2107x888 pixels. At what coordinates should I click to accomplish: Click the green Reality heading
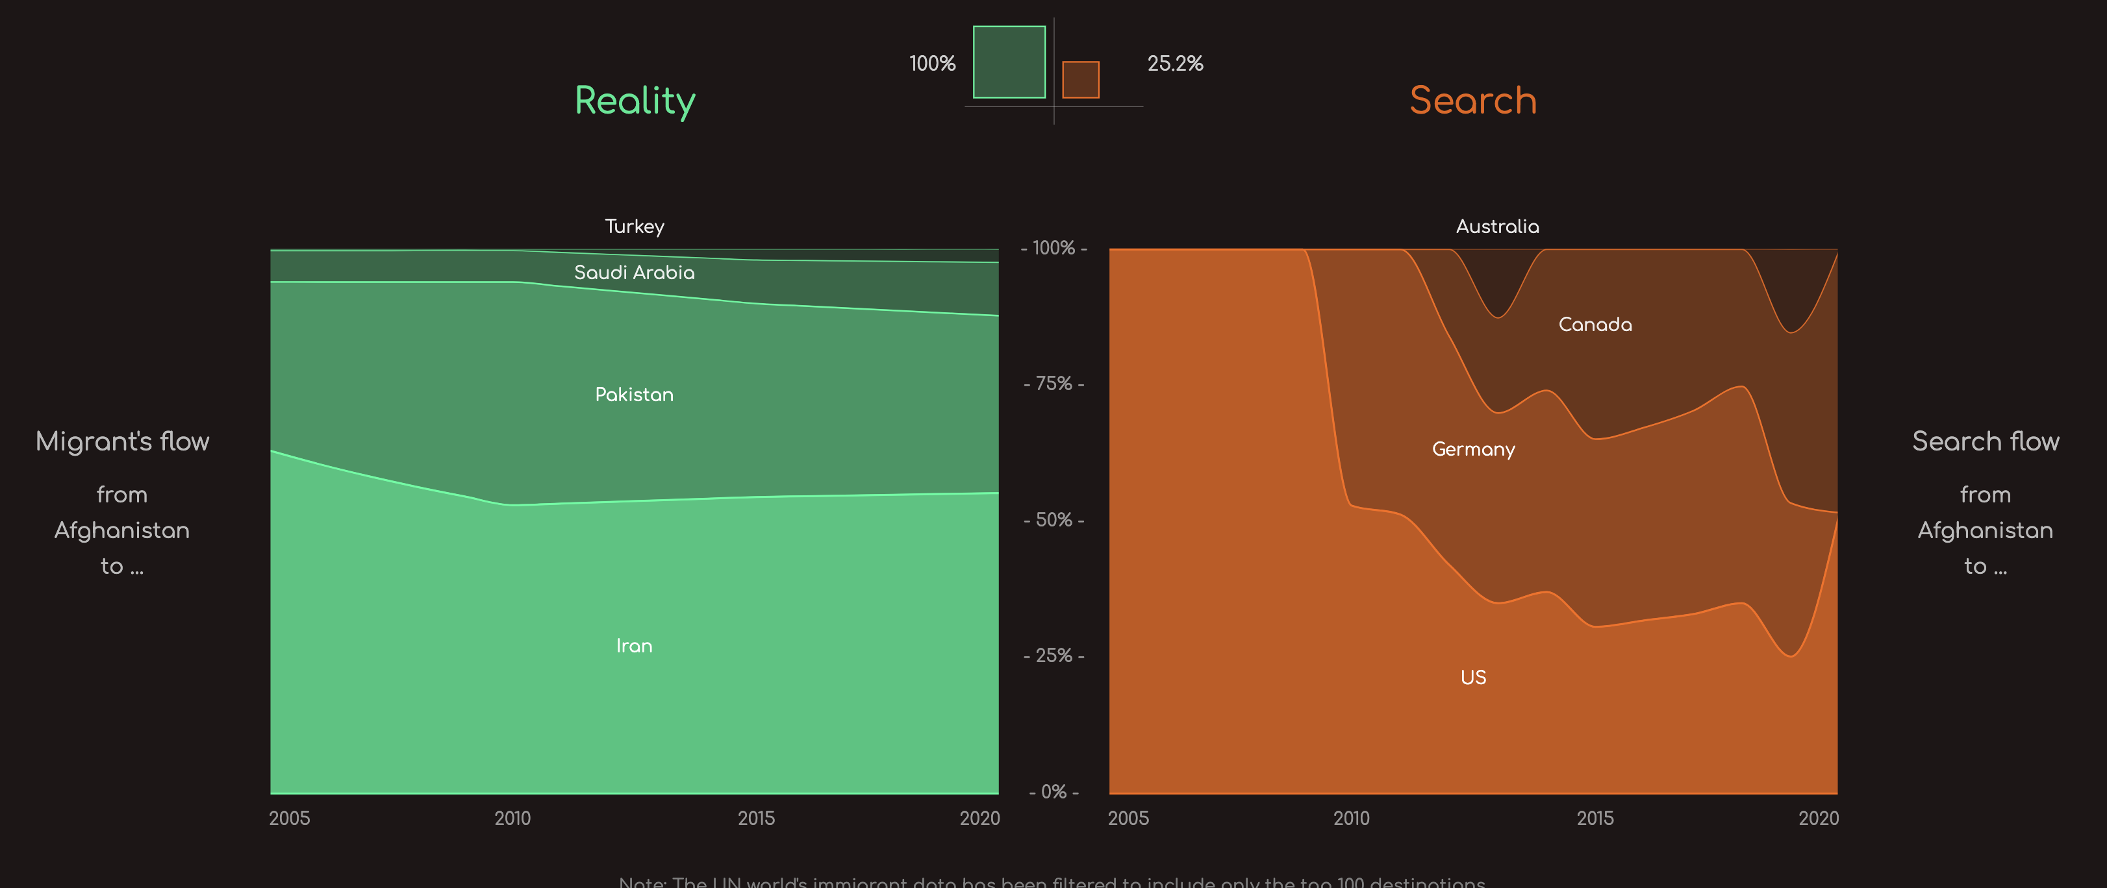point(635,101)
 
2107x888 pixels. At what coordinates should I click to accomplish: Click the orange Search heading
point(1472,101)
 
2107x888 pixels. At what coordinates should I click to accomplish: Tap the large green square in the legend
point(1009,62)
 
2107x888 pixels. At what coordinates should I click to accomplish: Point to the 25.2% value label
point(1174,64)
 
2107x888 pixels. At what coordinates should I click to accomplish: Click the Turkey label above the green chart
point(634,227)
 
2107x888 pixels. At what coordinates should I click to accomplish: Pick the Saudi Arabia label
point(634,272)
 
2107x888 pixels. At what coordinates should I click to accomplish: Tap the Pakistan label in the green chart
point(634,395)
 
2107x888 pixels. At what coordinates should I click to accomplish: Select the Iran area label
point(634,646)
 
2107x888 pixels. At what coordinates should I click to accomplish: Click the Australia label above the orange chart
point(1497,227)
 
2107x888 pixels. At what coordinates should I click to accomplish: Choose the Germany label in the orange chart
point(1473,449)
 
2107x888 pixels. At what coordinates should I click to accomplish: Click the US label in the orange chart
point(1473,677)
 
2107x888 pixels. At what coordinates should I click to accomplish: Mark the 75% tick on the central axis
point(1053,384)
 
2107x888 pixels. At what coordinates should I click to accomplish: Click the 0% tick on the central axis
point(1053,791)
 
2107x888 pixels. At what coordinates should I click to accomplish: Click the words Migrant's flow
point(123,441)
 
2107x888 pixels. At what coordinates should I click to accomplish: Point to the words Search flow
point(1985,441)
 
